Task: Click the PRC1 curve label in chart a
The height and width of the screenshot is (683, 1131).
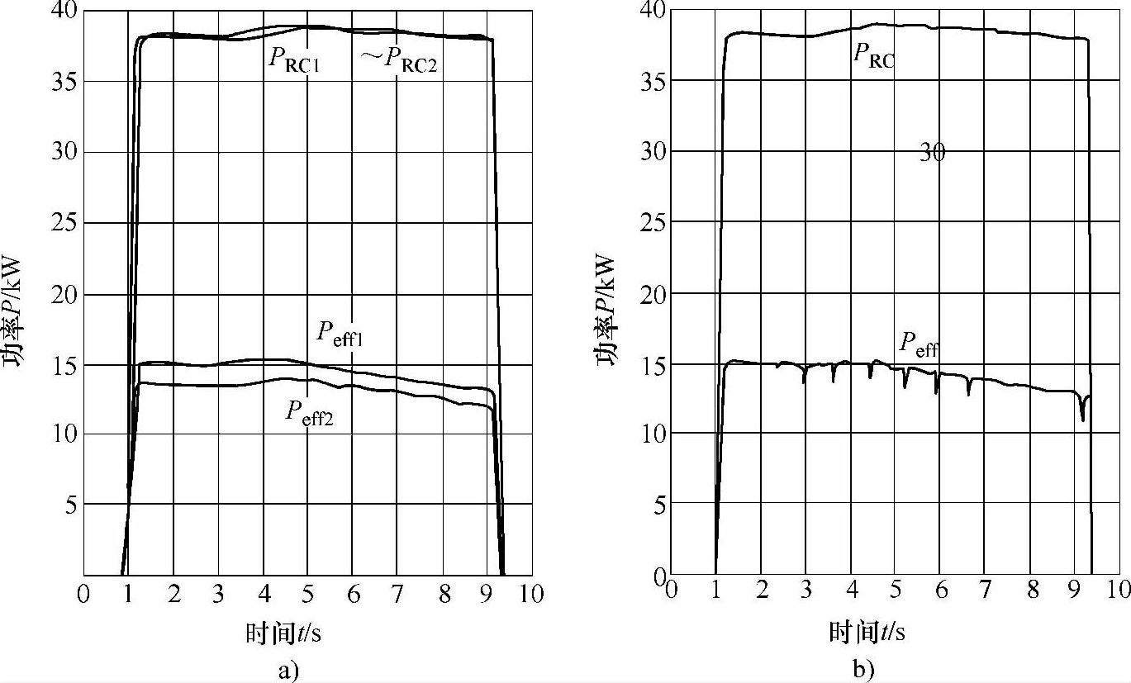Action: coord(294,60)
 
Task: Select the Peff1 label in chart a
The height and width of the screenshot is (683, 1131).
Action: coord(341,333)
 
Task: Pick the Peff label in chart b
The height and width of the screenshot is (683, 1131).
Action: coord(919,343)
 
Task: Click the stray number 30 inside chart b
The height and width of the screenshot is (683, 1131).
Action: coord(932,153)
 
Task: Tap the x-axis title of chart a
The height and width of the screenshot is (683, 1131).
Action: coord(285,633)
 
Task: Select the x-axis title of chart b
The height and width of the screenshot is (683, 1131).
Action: coord(867,633)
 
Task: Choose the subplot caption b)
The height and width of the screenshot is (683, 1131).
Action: coord(865,669)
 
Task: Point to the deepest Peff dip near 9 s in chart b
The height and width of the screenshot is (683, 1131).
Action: coord(1082,420)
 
